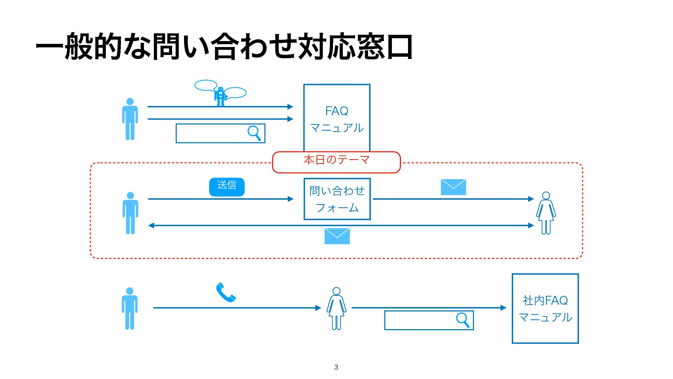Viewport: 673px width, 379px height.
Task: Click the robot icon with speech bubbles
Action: pyautogui.click(x=220, y=94)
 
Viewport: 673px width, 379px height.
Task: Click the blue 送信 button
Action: pyautogui.click(x=227, y=187)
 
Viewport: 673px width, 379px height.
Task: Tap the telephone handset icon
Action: pyautogui.click(x=226, y=292)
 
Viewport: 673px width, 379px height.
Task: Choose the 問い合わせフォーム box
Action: pyautogui.click(x=337, y=199)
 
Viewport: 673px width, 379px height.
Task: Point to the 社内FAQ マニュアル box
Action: pyautogui.click(x=545, y=308)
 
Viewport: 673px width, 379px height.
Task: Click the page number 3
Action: pyautogui.click(x=336, y=367)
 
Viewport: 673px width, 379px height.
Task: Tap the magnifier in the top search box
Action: pyautogui.click(x=254, y=133)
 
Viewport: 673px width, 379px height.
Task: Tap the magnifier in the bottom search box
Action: pyautogui.click(x=463, y=320)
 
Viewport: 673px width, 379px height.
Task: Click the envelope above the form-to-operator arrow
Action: pyautogui.click(x=453, y=187)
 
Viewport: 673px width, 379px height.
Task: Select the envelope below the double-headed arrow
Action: pyautogui.click(x=337, y=236)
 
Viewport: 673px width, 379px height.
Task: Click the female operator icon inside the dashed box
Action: pyautogui.click(x=546, y=213)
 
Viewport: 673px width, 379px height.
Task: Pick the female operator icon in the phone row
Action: pyautogui.click(x=336, y=308)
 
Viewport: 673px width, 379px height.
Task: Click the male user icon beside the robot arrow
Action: pyautogui.click(x=130, y=119)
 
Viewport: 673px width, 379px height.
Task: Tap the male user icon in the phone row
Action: pyautogui.click(x=130, y=308)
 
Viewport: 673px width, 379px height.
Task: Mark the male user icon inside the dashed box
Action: pyautogui.click(x=130, y=213)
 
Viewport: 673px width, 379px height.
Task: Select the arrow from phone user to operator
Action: pyautogui.click(x=237, y=308)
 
